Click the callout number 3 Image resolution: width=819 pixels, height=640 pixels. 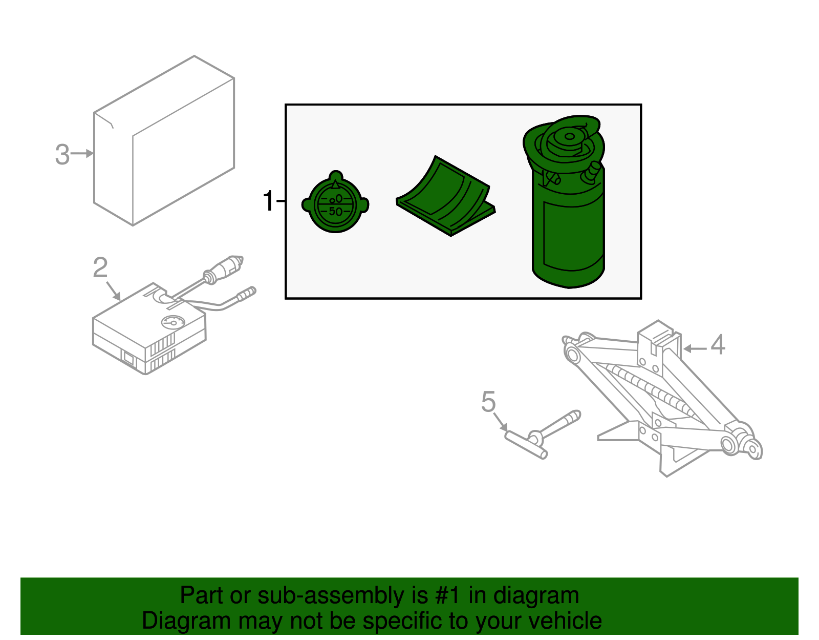click(x=62, y=154)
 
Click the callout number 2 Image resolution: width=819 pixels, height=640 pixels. click(x=100, y=267)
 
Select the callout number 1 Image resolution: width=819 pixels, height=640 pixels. click(x=268, y=201)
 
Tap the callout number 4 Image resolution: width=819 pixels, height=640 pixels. click(x=718, y=345)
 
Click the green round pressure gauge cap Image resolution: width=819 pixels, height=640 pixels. click(x=335, y=202)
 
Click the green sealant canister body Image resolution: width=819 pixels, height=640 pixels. click(x=568, y=231)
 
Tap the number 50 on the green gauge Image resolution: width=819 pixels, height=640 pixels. click(x=335, y=211)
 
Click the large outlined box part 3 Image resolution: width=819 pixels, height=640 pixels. click(x=164, y=141)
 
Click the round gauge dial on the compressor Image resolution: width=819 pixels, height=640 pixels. click(x=172, y=322)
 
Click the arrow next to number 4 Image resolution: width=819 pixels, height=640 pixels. click(x=695, y=348)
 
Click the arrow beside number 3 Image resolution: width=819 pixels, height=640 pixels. click(x=82, y=153)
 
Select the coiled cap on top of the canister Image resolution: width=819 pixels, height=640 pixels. click(x=566, y=138)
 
